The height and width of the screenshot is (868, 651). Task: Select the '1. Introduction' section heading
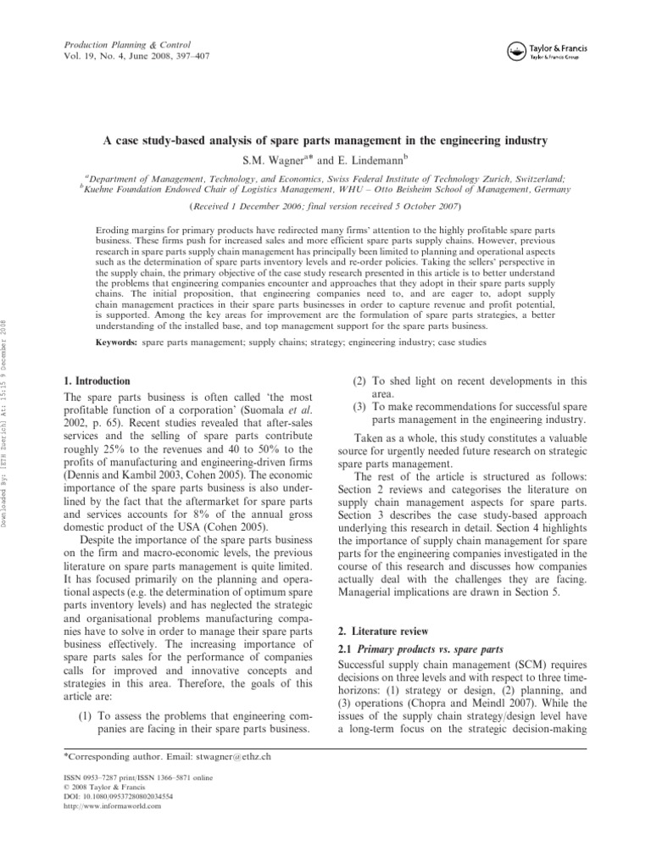(x=97, y=381)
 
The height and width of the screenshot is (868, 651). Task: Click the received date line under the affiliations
(x=325, y=205)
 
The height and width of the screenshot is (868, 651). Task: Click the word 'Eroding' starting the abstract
(x=116, y=230)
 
